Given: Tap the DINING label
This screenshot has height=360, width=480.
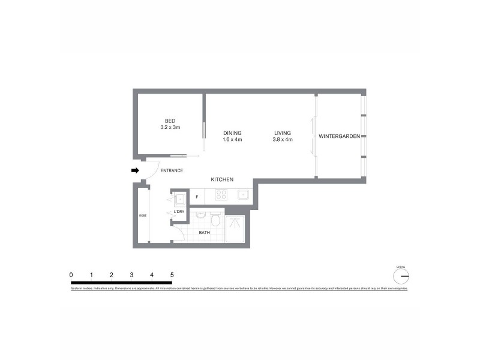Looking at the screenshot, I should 232,133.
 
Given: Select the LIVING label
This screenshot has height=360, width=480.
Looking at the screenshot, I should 282,133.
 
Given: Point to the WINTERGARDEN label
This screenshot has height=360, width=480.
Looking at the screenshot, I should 339,137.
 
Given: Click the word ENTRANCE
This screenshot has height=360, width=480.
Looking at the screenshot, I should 172,171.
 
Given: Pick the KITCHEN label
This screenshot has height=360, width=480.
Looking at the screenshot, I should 221,180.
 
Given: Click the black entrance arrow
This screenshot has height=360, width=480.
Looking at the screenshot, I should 135,171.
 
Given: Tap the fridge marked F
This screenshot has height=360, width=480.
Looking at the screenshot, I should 196,196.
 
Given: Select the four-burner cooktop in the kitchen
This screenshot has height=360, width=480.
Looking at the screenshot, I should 220,195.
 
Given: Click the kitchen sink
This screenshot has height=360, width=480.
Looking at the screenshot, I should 243,194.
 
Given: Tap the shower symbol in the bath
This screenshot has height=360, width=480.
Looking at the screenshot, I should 235,223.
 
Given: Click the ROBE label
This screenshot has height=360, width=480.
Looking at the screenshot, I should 143,215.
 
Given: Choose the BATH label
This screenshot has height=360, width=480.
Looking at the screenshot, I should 204,232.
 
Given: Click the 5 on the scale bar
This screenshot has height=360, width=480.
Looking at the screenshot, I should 172,274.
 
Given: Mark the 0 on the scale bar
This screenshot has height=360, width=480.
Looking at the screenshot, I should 71,274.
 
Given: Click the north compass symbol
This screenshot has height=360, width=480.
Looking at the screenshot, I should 401,276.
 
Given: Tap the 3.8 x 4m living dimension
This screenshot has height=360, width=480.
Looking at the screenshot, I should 282,140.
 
